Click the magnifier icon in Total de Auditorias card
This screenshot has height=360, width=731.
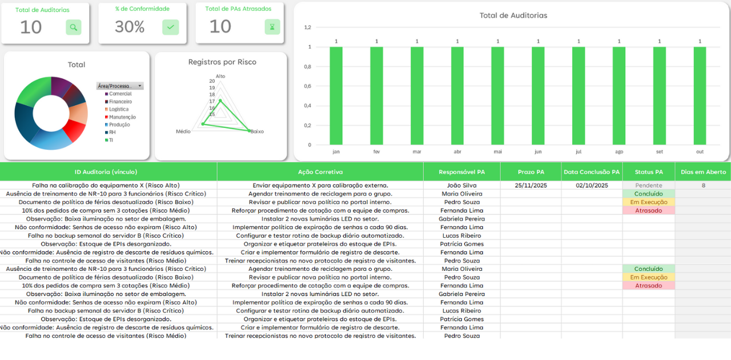(x=73, y=27)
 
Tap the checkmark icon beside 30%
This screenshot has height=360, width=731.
(x=170, y=27)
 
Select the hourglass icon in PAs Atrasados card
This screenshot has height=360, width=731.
(x=272, y=27)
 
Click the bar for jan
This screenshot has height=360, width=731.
(x=336, y=95)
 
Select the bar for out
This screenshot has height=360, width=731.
(x=700, y=95)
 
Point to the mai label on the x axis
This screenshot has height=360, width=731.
(x=498, y=152)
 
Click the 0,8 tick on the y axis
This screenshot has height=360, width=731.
(x=307, y=66)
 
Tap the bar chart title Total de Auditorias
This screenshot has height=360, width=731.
(x=513, y=15)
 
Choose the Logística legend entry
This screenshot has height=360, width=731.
(x=119, y=109)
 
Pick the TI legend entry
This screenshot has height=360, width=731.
(x=111, y=140)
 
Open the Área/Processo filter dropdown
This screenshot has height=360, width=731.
(x=140, y=86)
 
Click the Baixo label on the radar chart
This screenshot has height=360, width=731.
(x=257, y=131)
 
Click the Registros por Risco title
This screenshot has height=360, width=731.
(x=222, y=62)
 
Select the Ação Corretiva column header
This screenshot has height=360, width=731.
(x=320, y=171)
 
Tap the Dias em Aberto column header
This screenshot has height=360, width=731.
(x=703, y=171)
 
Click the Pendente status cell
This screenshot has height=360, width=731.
(x=649, y=185)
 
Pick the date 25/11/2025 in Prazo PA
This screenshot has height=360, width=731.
(x=531, y=185)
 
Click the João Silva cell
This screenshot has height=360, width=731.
(x=461, y=185)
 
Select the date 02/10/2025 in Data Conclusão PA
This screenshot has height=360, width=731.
(x=592, y=185)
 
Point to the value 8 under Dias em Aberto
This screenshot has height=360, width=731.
(x=703, y=185)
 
